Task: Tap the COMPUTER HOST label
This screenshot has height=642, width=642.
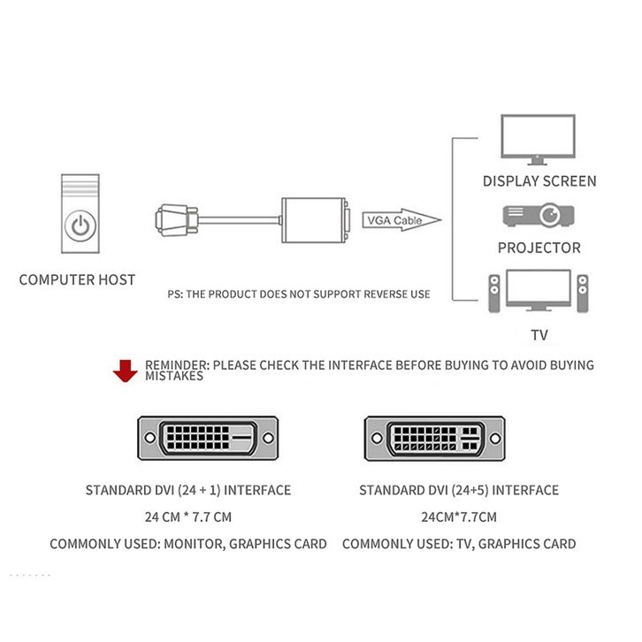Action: point(78,279)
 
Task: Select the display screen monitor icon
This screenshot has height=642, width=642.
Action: point(539,139)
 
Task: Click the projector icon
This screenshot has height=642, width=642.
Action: point(539,214)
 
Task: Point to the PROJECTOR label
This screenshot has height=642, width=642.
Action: point(539,248)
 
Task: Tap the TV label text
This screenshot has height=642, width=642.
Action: point(539,335)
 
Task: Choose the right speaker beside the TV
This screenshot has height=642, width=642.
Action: point(581,294)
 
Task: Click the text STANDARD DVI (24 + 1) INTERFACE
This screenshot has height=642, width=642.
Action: point(188,490)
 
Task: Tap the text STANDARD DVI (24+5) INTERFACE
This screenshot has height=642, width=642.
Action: point(459,490)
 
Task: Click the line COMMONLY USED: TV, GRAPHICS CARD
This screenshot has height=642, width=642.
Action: point(459,544)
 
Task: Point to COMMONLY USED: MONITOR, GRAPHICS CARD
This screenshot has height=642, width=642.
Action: point(188,544)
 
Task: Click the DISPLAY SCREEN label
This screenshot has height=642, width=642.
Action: point(539,181)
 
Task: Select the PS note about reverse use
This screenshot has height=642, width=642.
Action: point(299,294)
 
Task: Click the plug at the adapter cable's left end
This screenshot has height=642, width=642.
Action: point(174,218)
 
